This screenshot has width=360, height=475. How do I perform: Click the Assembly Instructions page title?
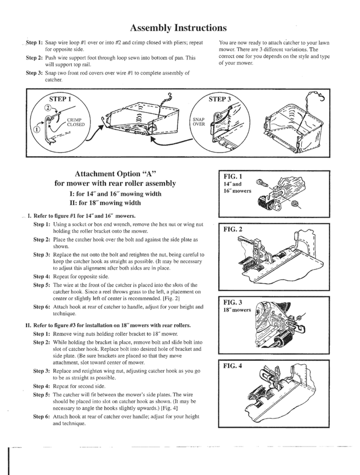tap(179, 28)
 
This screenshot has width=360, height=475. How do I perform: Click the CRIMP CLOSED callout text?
tap(77, 122)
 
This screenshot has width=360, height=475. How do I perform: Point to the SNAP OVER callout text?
tap(198, 122)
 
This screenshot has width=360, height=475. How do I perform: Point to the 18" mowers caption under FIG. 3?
tap(237, 310)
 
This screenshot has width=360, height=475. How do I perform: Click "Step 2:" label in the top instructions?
tap(34, 58)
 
